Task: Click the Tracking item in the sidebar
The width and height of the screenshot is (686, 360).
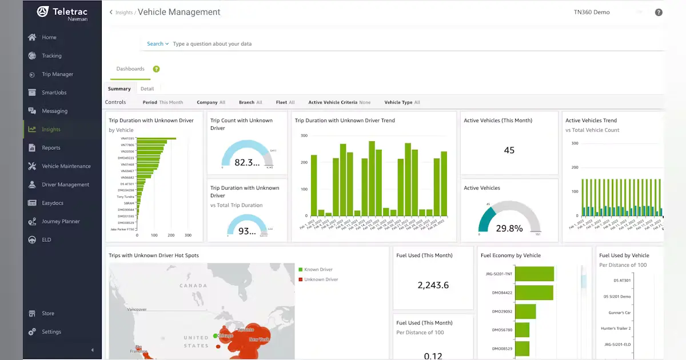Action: coord(51,56)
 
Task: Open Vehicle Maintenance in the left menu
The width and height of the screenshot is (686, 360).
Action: coord(66,166)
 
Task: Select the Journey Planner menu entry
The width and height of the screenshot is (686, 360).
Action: coord(61,221)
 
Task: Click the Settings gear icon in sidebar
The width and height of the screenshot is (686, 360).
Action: coord(32,332)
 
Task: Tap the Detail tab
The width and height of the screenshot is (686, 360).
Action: coord(147,89)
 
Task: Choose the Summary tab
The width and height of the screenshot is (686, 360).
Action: coord(119,89)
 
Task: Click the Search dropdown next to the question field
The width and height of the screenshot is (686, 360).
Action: coord(158,44)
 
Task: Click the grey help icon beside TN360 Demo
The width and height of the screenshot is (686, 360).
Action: coord(659,12)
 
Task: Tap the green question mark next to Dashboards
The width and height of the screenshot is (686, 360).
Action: coord(156,69)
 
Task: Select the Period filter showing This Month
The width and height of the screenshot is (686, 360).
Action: coord(163,102)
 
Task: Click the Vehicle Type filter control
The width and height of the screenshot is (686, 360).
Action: coord(402,102)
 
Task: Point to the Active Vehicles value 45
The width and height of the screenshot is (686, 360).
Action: coord(509,150)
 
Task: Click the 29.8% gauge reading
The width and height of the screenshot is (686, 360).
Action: coord(509,229)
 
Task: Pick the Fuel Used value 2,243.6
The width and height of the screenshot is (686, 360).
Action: coord(433,285)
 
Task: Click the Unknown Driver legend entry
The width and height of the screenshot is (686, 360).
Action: coord(321,279)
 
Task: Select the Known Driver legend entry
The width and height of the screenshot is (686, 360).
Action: coord(318,270)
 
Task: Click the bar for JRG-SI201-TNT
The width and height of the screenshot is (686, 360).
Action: coord(534,274)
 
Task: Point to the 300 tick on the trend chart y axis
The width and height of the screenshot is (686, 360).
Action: coord(304,136)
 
